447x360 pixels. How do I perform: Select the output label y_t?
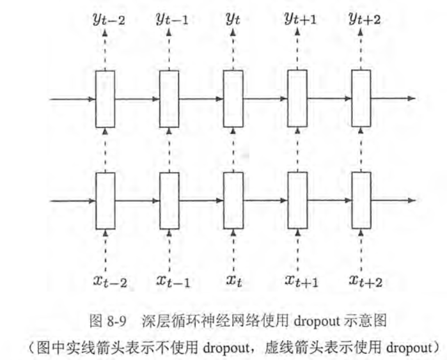click(233, 20)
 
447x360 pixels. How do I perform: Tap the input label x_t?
click(233, 280)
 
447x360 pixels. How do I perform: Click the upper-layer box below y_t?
click(233, 98)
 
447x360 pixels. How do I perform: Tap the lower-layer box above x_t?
click(233, 200)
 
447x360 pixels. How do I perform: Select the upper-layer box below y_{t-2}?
click(105, 98)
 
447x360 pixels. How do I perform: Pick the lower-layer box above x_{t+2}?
click(361, 200)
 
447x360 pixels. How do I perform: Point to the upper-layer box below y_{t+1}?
click(297, 98)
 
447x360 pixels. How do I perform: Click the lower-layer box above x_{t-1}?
click(169, 200)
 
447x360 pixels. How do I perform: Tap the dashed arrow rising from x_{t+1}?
click(297, 249)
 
